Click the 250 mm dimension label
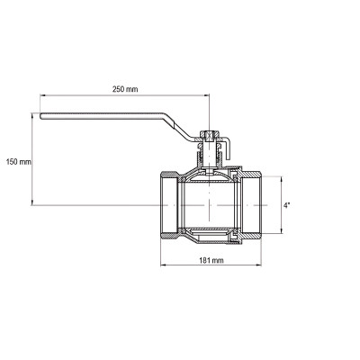point(125,89)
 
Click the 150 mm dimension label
point(19,162)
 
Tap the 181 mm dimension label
point(211,260)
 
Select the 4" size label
point(287,205)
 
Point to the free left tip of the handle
point(40,116)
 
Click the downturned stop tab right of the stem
point(228,148)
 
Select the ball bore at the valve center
point(209,205)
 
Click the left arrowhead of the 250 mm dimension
point(42,95)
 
